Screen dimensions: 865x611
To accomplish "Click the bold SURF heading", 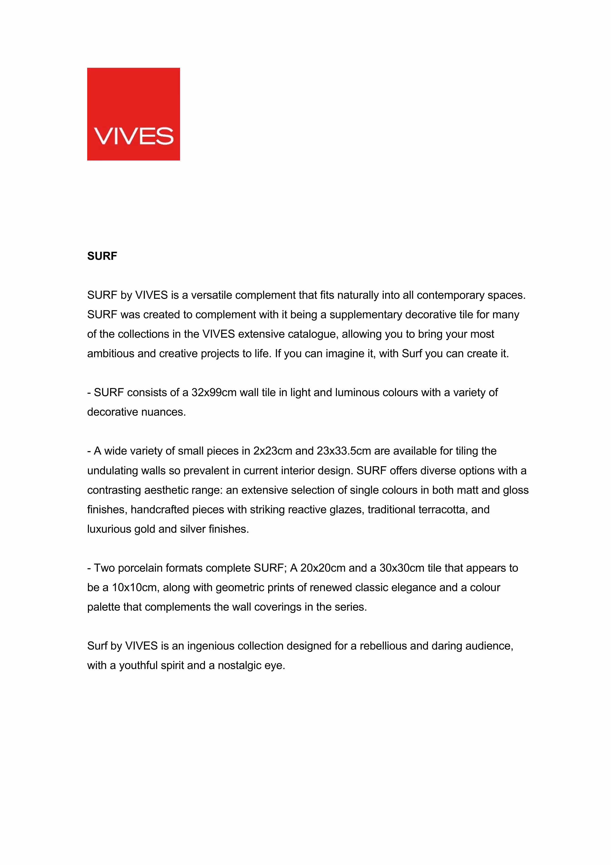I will coord(102,256).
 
